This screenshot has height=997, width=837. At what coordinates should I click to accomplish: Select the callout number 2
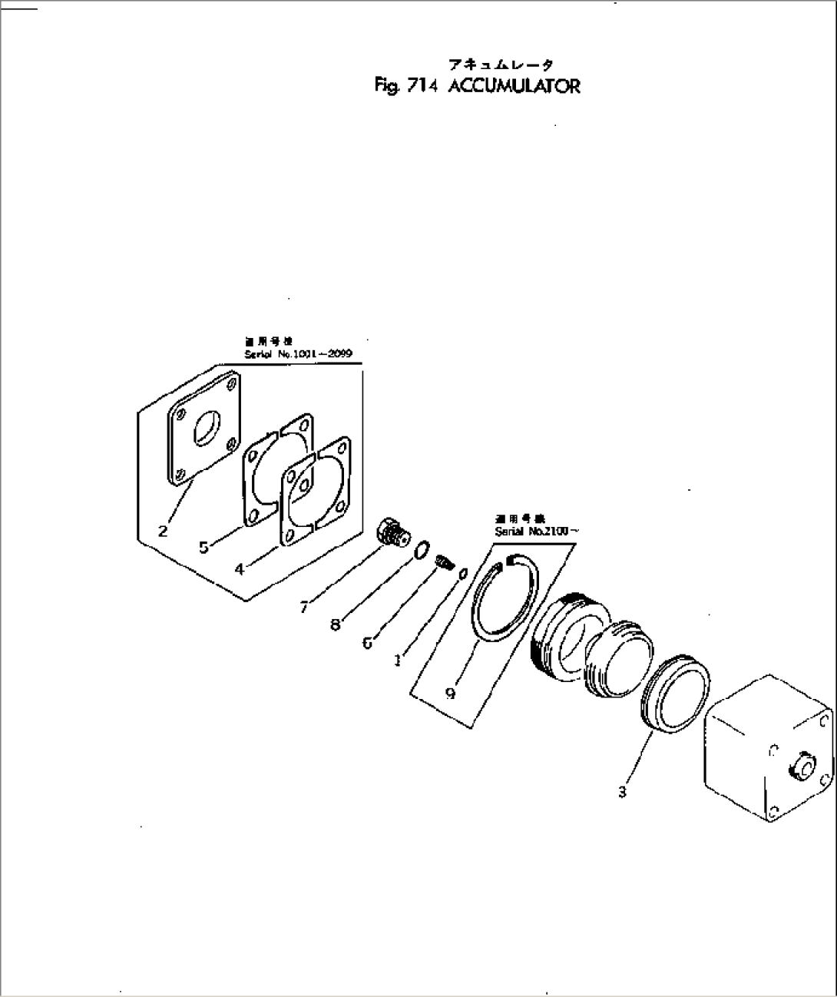click(x=163, y=530)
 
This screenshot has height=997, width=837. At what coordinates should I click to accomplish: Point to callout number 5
click(x=203, y=547)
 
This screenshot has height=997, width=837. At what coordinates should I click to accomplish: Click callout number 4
click(x=240, y=569)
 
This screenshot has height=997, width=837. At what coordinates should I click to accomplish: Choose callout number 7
click(x=304, y=608)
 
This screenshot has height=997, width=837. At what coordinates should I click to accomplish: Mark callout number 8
click(x=335, y=625)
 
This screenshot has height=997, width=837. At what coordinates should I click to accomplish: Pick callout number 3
click(x=622, y=792)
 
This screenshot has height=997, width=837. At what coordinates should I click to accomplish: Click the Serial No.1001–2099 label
click(x=298, y=354)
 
